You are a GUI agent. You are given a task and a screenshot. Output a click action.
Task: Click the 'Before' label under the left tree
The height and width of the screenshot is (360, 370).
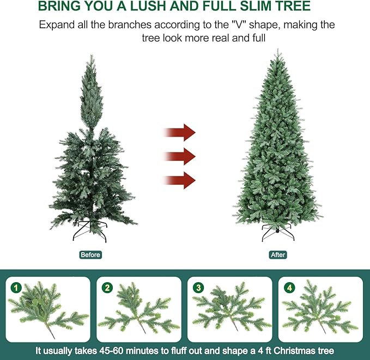[x=90, y=255]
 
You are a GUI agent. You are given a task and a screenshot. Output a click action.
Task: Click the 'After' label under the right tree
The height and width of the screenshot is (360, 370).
[x=278, y=255]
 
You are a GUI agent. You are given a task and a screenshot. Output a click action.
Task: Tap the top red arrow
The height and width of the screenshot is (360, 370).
[x=179, y=132]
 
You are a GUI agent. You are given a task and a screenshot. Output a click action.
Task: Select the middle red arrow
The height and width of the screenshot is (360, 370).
[x=179, y=156]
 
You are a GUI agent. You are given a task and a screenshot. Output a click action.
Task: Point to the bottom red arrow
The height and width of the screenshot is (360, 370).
[x=179, y=180]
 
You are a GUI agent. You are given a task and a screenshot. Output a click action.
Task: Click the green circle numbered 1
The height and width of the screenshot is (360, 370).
[x=16, y=288]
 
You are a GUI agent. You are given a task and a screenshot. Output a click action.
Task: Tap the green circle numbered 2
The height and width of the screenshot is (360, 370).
[x=108, y=288]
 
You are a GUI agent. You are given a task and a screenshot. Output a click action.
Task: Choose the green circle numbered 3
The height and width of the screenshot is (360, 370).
[x=198, y=288]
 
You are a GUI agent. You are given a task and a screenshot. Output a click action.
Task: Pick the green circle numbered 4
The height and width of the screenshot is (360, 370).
[x=289, y=288]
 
